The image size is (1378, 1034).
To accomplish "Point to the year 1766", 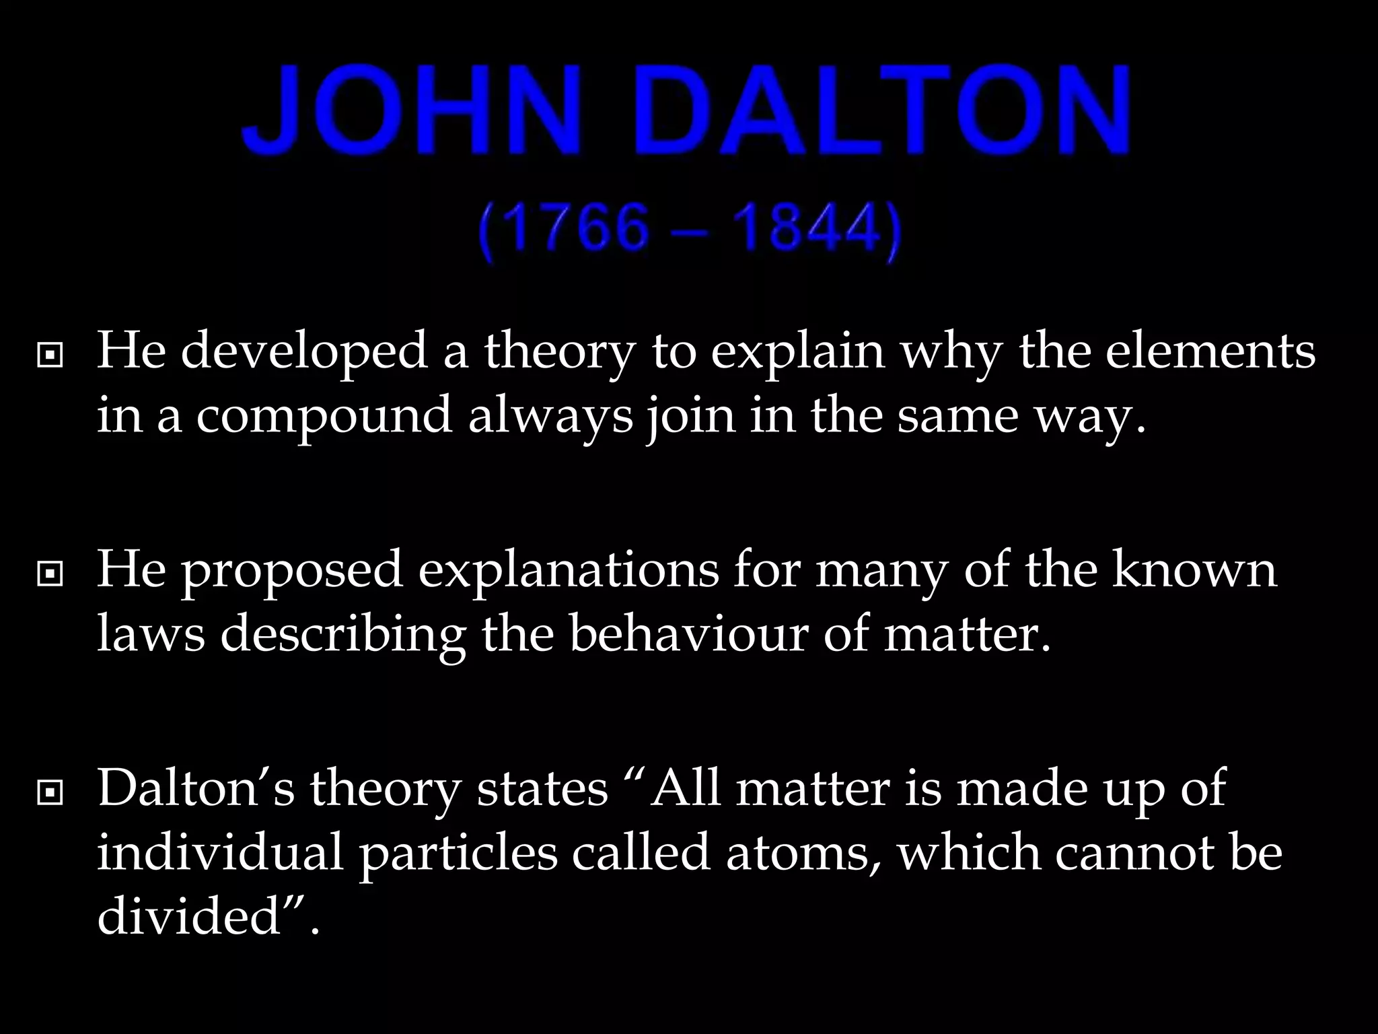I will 572,229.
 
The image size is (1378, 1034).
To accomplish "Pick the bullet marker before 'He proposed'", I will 50,574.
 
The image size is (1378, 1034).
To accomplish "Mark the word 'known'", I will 1194,569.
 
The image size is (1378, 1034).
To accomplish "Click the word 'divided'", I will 188,917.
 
